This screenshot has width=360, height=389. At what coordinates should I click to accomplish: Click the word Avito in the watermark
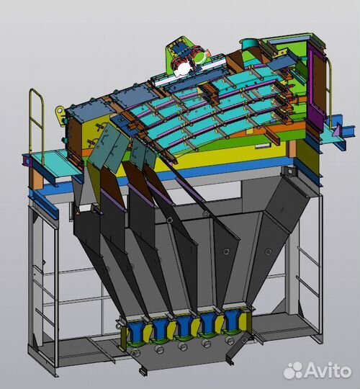point(328,370)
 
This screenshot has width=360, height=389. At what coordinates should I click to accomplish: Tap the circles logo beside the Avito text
point(293,370)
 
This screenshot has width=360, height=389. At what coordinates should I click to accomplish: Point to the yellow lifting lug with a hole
point(60,112)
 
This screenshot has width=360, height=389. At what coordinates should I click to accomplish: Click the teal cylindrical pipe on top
point(249,44)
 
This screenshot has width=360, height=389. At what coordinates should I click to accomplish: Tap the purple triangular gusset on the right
point(337,130)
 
